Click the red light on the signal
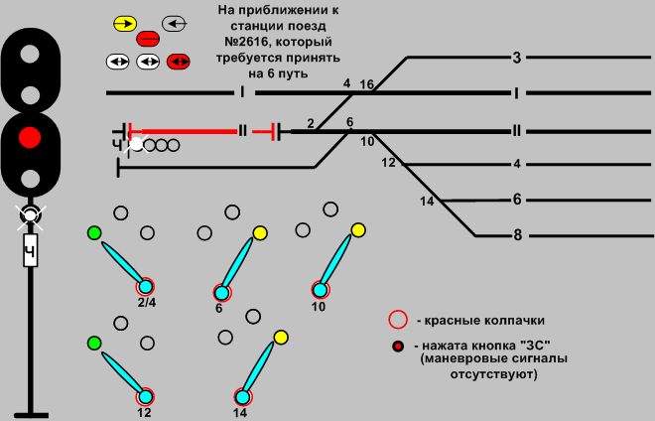click(31, 136)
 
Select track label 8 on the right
click(517, 235)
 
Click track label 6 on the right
click(517, 200)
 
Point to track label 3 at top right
click(517, 59)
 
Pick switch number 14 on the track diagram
click(428, 202)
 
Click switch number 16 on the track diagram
click(366, 85)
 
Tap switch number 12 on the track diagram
click(388, 162)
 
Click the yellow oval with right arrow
click(125, 22)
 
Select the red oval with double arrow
click(180, 62)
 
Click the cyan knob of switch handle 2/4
click(145, 288)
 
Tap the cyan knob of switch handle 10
click(320, 290)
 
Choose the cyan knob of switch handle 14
click(241, 396)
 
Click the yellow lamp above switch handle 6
click(260, 233)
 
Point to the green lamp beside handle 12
click(94, 343)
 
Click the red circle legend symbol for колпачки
click(398, 320)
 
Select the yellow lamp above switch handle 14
click(281, 338)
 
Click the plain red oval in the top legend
click(149, 40)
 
